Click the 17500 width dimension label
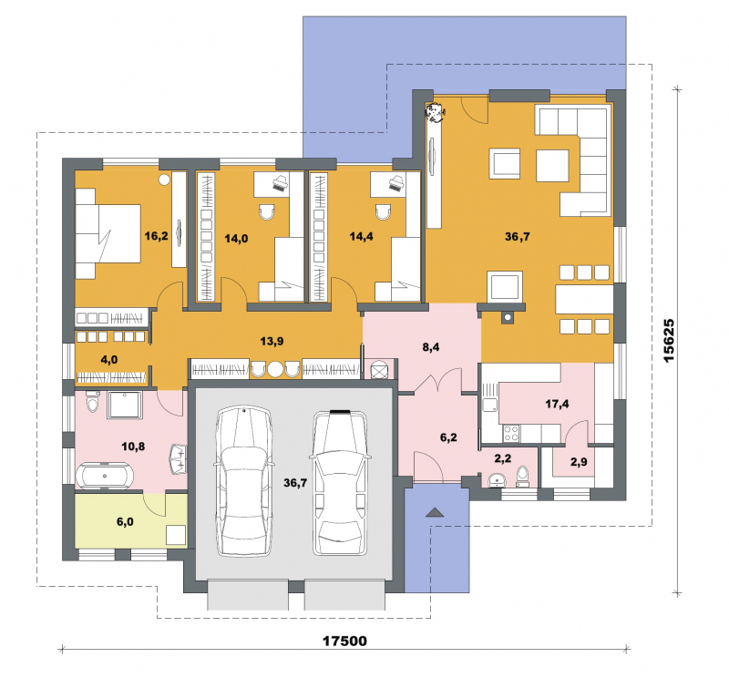(x=344, y=641)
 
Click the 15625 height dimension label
(x=669, y=341)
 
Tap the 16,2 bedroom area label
(x=156, y=236)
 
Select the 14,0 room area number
(x=236, y=239)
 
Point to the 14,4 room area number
(x=361, y=237)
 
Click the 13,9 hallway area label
(x=272, y=342)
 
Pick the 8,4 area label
(x=431, y=347)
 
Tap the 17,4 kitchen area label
(x=557, y=404)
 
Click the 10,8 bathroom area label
(x=133, y=447)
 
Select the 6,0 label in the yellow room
(x=125, y=522)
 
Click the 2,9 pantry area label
(x=579, y=462)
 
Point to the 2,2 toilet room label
(x=503, y=458)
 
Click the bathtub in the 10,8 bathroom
(x=105, y=476)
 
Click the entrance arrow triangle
(x=436, y=512)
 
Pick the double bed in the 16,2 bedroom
(x=108, y=233)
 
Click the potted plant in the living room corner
(x=436, y=111)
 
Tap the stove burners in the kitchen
(x=511, y=434)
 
